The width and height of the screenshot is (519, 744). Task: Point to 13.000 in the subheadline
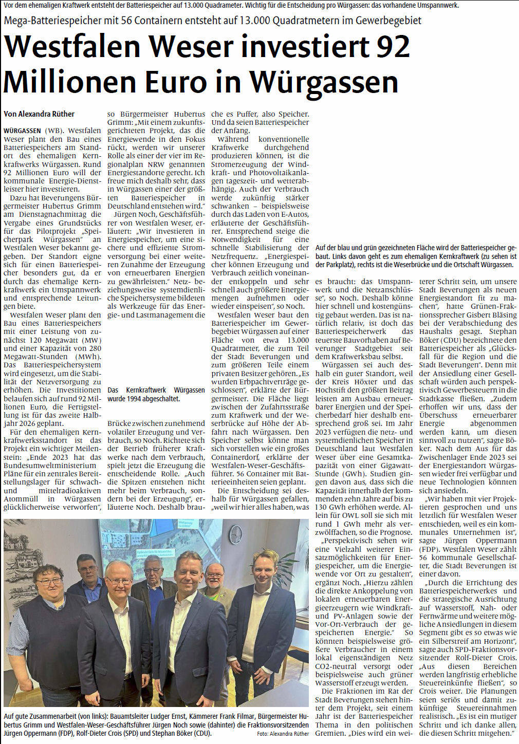[x=250, y=21]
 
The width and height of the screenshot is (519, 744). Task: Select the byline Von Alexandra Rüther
[x=39, y=114]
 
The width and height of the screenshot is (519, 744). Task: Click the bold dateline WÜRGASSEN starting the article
[x=22, y=131]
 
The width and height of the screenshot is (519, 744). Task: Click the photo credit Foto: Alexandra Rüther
[x=283, y=734]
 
